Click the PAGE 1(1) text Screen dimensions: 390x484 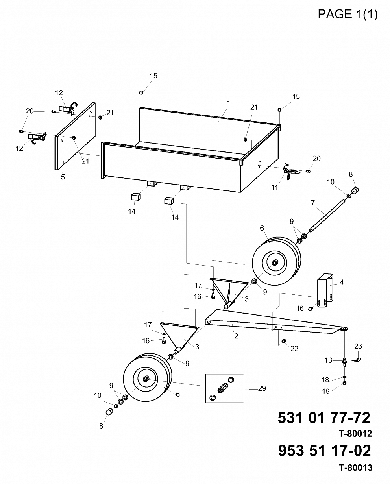pyautogui.click(x=347, y=14)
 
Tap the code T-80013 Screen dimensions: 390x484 pyautogui.click(x=356, y=472)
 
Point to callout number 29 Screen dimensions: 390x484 pyautogui.click(x=262, y=388)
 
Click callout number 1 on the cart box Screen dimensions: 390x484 pyautogui.click(x=229, y=103)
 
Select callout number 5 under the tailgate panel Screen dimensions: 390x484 pyautogui.click(x=63, y=177)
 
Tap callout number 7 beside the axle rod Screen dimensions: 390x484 pyautogui.click(x=312, y=203)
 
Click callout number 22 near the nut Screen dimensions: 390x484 pyautogui.click(x=294, y=348)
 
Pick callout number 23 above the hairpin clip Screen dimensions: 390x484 pyautogui.click(x=358, y=346)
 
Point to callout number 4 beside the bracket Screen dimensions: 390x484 pyautogui.click(x=342, y=282)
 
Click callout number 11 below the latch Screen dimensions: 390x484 pyautogui.click(x=274, y=187)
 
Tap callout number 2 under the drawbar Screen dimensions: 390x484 pyautogui.click(x=236, y=336)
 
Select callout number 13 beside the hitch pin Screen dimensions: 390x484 pyautogui.click(x=328, y=360)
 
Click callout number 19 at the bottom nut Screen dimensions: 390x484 pyautogui.click(x=326, y=392)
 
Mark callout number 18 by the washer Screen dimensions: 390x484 pyautogui.click(x=325, y=380)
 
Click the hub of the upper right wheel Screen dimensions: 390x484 pyautogui.click(x=275, y=262)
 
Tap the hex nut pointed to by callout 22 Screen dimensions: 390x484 pyautogui.click(x=284, y=341)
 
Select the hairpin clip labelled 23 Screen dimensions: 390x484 pyautogui.click(x=356, y=360)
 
